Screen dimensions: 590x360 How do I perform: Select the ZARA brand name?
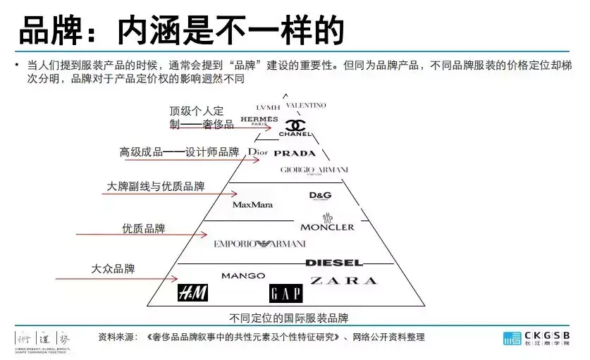[343, 280]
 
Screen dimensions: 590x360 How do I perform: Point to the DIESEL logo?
[334, 263]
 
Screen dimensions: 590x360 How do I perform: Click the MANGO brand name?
[243, 275]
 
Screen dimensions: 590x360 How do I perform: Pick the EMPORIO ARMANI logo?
[259, 244]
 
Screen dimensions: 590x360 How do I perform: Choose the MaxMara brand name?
[252, 204]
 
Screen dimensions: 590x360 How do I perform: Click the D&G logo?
[320, 195]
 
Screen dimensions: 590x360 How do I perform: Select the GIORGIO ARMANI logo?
[314, 170]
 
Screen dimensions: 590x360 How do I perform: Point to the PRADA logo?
[295, 153]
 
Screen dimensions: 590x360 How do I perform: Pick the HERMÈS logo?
[259, 120]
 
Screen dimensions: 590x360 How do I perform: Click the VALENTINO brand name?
[306, 106]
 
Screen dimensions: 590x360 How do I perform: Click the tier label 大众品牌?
[113, 268]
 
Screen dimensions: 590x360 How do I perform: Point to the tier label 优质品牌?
[143, 228]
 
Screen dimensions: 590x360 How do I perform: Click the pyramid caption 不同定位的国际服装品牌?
[289, 318]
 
